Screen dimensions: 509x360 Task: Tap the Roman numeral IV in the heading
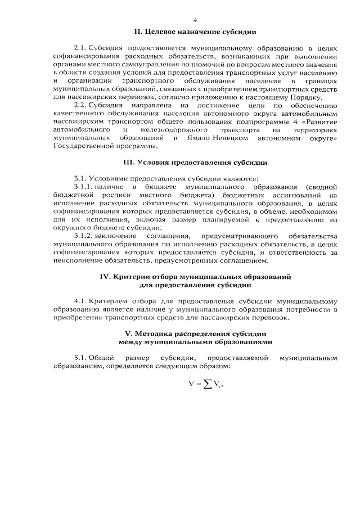pos(105,277)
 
